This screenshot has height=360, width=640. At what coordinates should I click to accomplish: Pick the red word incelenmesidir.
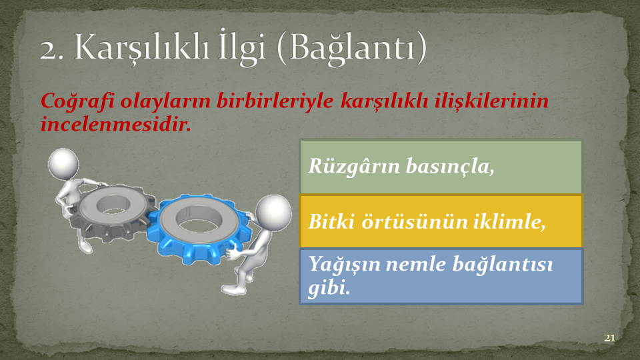(x=116, y=124)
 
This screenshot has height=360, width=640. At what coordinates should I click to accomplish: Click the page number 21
(x=609, y=338)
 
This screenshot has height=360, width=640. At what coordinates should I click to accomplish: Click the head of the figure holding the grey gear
(x=63, y=163)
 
